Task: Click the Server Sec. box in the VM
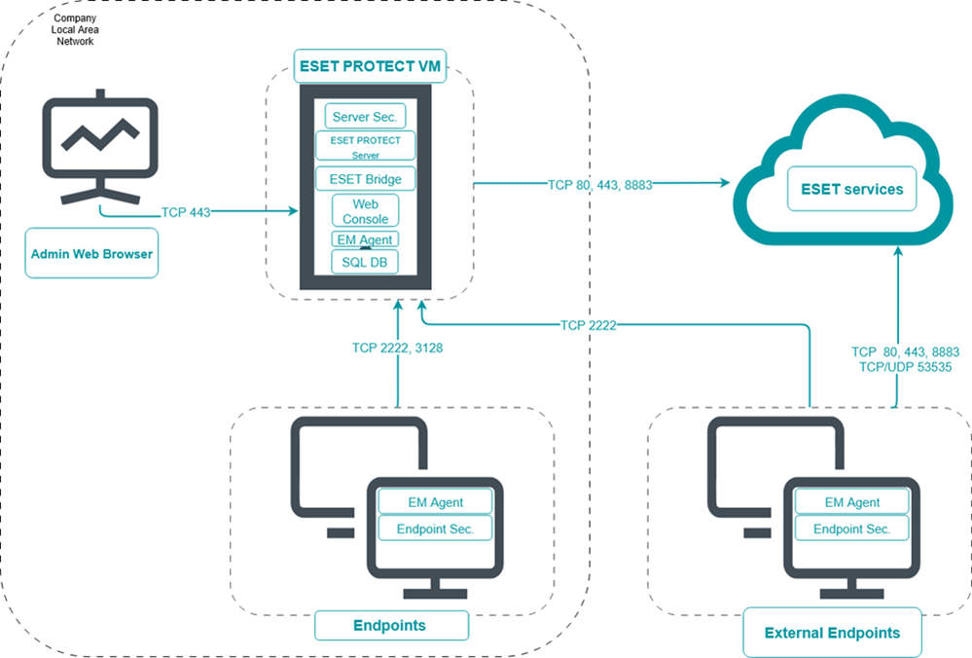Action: click(365, 117)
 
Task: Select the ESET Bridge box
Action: click(365, 179)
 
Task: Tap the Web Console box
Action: click(365, 211)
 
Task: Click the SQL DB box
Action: click(365, 262)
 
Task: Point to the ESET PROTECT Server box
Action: click(365, 146)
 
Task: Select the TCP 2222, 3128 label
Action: click(398, 347)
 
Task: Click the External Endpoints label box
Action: click(832, 633)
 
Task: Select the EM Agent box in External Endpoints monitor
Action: click(851, 502)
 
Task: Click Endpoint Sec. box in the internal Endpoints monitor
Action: click(435, 529)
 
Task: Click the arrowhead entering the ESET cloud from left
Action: click(725, 183)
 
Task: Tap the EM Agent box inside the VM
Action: click(365, 238)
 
